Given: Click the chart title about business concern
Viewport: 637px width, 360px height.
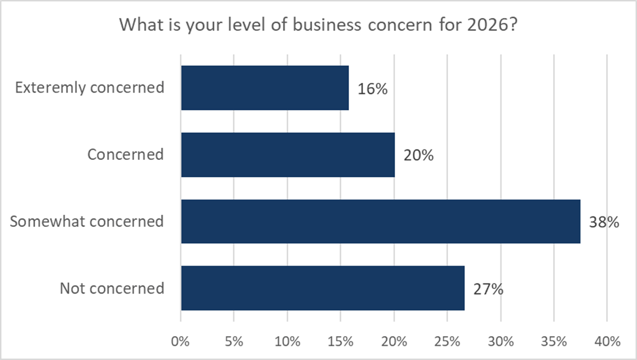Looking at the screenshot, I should tap(318, 25).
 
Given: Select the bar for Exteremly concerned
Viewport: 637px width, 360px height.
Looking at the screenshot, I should tap(265, 88).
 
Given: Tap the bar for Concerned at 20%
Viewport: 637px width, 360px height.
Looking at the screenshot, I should tap(288, 155).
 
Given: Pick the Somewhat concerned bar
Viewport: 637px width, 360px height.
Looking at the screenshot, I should tap(380, 221).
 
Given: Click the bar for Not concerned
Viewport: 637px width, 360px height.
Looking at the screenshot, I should tap(323, 288).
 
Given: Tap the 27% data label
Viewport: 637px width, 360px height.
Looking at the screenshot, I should tap(488, 289).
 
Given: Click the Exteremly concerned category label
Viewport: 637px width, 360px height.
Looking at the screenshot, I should tap(89, 88).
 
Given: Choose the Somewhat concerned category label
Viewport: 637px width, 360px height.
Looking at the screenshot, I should tap(87, 222).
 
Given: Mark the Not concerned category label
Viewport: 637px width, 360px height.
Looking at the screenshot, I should tap(111, 288).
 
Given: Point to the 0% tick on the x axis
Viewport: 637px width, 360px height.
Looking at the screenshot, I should tap(181, 341).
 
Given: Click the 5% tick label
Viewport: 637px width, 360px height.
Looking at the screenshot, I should tap(234, 341).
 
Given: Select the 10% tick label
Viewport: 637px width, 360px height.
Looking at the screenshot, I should tap(287, 341).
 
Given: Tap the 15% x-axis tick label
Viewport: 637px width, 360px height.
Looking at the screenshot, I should tap(340, 341).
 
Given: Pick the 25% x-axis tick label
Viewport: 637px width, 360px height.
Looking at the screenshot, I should tap(447, 341).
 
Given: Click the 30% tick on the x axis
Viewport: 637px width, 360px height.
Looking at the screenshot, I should tap(500, 341).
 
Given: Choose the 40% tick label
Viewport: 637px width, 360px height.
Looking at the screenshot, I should tap(607, 341).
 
